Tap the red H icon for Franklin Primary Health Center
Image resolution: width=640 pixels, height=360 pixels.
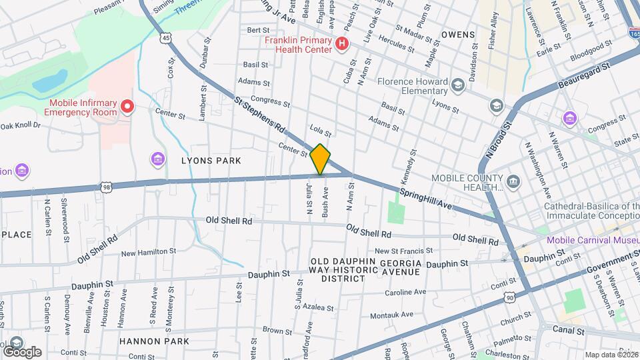click(342, 45)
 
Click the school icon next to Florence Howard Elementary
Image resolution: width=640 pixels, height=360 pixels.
click(457, 85)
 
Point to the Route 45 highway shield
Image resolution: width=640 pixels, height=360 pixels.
click(165, 39)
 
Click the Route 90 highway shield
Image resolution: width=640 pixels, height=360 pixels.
click(509, 297)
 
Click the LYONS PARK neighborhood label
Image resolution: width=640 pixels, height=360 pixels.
click(211, 161)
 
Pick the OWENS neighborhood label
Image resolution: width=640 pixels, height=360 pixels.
click(457, 34)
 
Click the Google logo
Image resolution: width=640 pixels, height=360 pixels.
click(21, 351)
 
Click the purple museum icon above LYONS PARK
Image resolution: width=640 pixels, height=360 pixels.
click(158, 159)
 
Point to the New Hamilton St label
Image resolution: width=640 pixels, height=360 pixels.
click(148, 252)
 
